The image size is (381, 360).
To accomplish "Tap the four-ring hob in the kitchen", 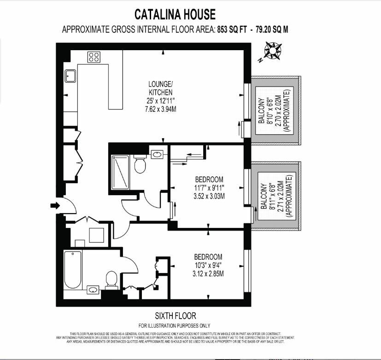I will pyautogui.click(x=94, y=57).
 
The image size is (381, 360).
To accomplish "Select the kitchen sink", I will pyautogui.click(x=70, y=75).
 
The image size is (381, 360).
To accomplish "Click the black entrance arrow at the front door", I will pyautogui.click(x=55, y=205).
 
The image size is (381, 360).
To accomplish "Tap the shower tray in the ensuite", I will pyautogui.click(x=121, y=173).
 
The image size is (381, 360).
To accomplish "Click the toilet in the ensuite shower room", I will pyautogui.click(x=140, y=165).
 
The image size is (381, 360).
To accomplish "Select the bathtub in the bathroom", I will pyautogui.click(x=73, y=269).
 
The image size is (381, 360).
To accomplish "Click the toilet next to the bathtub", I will pyautogui.click(x=111, y=279).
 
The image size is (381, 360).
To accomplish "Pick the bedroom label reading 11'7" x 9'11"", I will pyautogui.click(x=209, y=188).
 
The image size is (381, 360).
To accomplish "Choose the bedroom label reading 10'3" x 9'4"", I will pyautogui.click(x=208, y=265).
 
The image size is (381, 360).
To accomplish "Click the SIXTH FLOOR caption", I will pyautogui.click(x=175, y=316).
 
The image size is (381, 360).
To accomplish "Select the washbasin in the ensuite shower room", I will pyautogui.click(x=156, y=154).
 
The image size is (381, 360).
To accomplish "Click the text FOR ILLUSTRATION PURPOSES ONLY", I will pyautogui.click(x=175, y=325).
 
